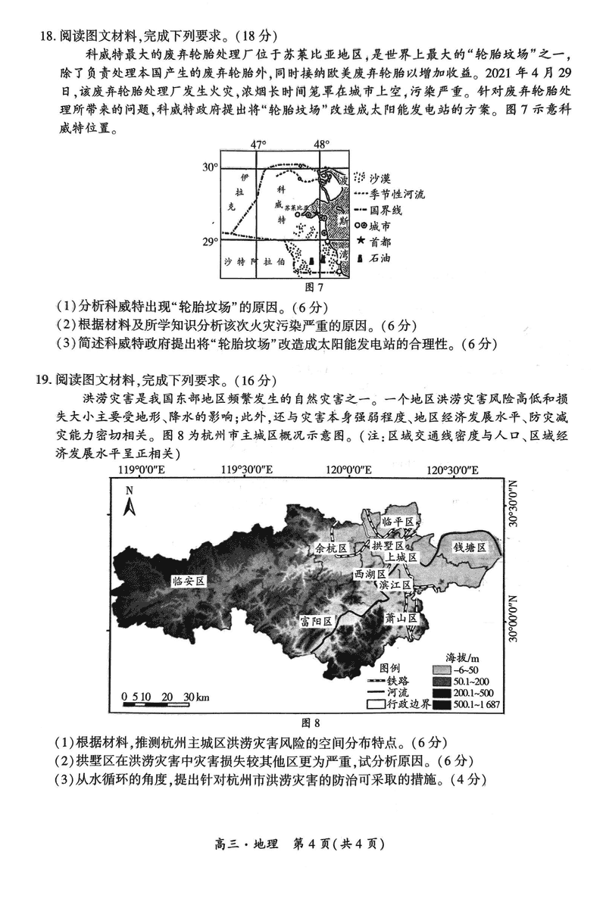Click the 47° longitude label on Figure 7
pos(259,145)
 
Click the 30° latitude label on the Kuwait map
pos(210,167)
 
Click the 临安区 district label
pos(189,581)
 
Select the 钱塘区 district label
pos(470,547)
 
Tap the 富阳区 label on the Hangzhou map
pos(317,621)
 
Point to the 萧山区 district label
pos(401,618)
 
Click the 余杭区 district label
pos(330,548)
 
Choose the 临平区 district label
pos(398,523)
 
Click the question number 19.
pos(46,379)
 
